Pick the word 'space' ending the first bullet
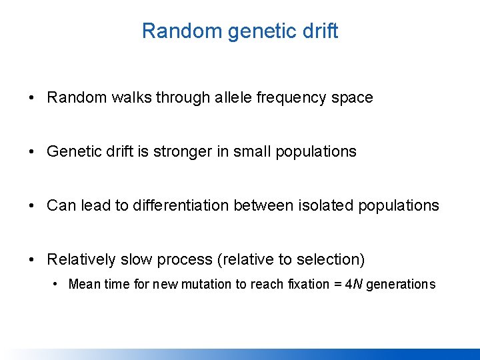pyautogui.click(x=352, y=97)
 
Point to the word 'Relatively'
pyautogui.click(x=81, y=259)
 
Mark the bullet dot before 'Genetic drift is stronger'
pyautogui.click(x=33, y=151)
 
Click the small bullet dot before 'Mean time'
pyautogui.click(x=57, y=284)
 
